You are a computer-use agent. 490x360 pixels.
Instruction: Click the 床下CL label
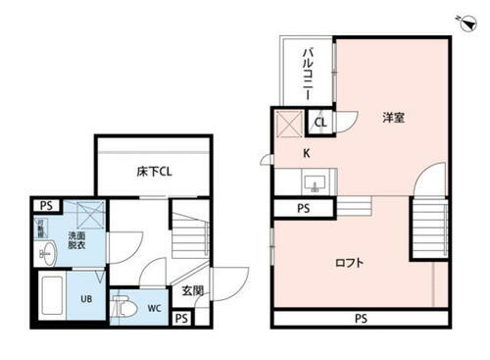[155, 172]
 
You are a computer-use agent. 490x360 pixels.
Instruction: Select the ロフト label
[350, 262]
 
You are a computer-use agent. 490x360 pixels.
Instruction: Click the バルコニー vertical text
[308, 68]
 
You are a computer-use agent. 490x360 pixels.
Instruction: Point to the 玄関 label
[192, 291]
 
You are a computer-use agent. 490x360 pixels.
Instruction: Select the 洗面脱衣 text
[75, 241]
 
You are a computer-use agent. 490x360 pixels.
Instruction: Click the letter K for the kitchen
[306, 152]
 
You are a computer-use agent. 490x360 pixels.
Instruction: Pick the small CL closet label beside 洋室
[321, 123]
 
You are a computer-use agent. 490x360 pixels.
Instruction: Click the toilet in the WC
[124, 307]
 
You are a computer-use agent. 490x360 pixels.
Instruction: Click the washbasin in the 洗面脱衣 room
[45, 254]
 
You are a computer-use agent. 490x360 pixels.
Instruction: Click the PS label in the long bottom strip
[361, 319]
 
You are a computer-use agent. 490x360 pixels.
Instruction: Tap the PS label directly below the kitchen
[303, 208]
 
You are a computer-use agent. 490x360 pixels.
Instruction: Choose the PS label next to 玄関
[181, 319]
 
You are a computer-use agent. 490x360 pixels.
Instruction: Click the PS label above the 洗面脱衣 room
[45, 204]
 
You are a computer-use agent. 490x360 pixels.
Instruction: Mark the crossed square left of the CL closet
[289, 124]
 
